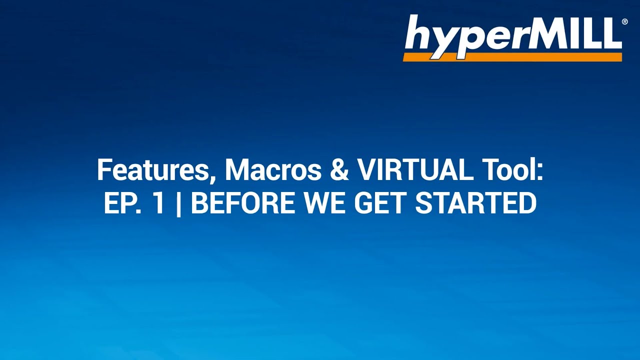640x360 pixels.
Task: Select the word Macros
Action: (273, 170)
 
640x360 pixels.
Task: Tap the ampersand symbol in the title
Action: (340, 170)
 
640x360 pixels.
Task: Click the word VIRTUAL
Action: (415, 170)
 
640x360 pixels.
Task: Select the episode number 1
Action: (158, 203)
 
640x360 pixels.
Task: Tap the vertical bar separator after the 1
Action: (179, 204)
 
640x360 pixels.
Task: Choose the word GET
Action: (381, 203)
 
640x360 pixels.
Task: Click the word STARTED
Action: (475, 203)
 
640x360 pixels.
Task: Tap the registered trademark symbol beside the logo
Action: (624, 22)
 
